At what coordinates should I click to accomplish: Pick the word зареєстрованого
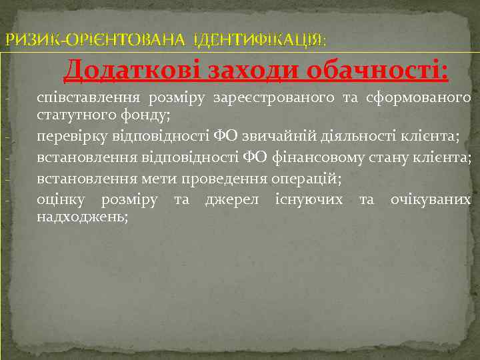[274, 99]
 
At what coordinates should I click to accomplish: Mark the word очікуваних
[431, 200]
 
